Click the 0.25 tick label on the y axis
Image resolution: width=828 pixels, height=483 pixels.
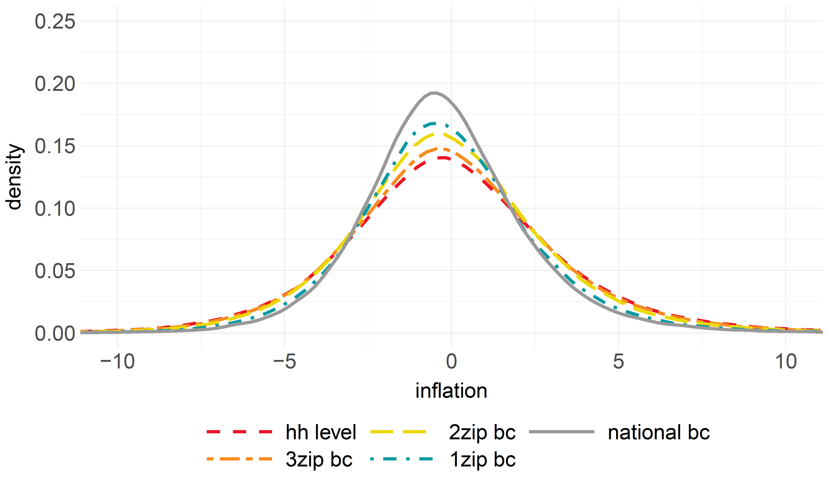click(x=55, y=22)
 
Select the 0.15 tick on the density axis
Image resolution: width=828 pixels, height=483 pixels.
click(x=55, y=146)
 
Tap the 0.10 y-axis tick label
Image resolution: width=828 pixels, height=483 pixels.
click(x=55, y=209)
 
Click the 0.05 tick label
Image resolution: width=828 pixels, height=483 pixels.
click(x=55, y=271)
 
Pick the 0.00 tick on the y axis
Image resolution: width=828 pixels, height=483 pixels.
click(x=55, y=333)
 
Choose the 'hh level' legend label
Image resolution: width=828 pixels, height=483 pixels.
click(x=321, y=432)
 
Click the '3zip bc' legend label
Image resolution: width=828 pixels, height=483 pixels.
click(x=319, y=459)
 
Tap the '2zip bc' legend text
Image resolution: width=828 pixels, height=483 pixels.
click(x=482, y=432)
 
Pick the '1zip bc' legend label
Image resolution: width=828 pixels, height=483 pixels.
click(x=482, y=459)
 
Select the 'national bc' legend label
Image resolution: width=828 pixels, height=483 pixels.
click(x=659, y=432)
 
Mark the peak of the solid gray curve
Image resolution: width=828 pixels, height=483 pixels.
click(x=434, y=93)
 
